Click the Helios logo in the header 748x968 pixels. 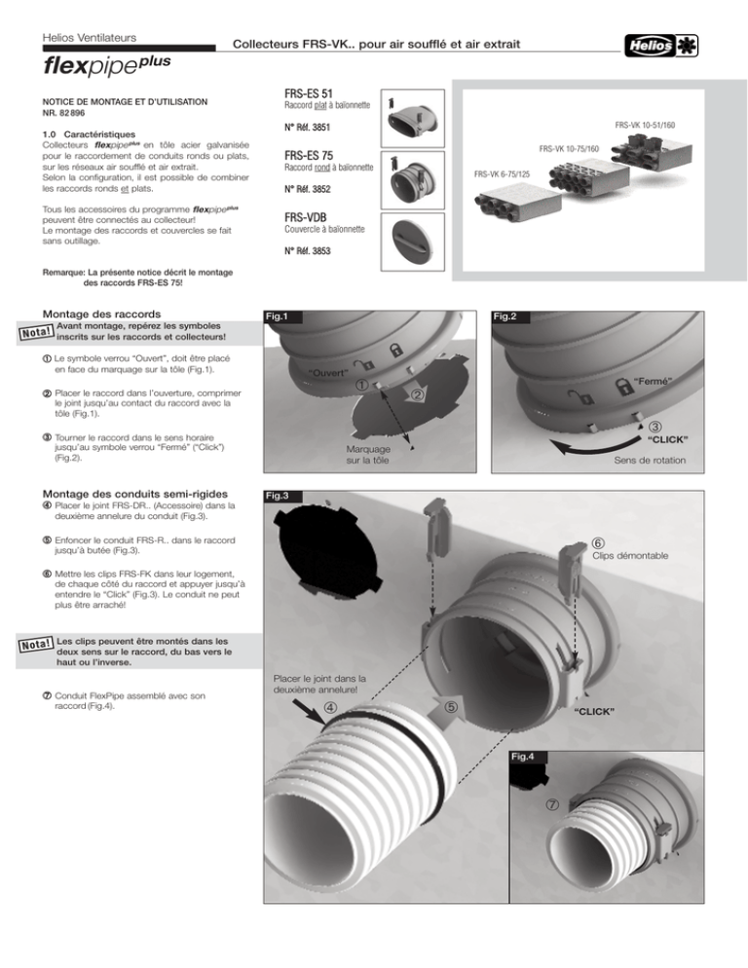pyautogui.click(x=661, y=45)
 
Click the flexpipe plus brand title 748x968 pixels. pyautogui.click(x=106, y=64)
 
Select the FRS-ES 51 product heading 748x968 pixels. pyautogui.click(x=308, y=93)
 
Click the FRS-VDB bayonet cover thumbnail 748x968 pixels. pyautogui.click(x=413, y=242)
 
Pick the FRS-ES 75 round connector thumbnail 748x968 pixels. pyautogui.click(x=413, y=179)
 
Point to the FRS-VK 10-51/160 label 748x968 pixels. pyautogui.click(x=644, y=125)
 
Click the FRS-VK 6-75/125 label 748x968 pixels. pyautogui.click(x=502, y=174)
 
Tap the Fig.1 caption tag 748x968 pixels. pyautogui.click(x=277, y=316)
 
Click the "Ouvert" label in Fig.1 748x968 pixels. pyautogui.click(x=328, y=373)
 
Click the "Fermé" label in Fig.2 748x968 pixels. pyautogui.click(x=653, y=382)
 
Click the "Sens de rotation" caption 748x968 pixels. pyautogui.click(x=650, y=460)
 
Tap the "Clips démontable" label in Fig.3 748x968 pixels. pyautogui.click(x=630, y=556)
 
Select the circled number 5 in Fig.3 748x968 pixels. pyautogui.click(x=451, y=706)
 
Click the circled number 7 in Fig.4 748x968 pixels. pyautogui.click(x=552, y=804)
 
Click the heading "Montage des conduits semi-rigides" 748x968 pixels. pyautogui.click(x=134, y=494)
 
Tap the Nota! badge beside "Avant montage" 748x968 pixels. pyautogui.click(x=36, y=332)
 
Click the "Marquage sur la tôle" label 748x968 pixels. pyautogui.click(x=368, y=455)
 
